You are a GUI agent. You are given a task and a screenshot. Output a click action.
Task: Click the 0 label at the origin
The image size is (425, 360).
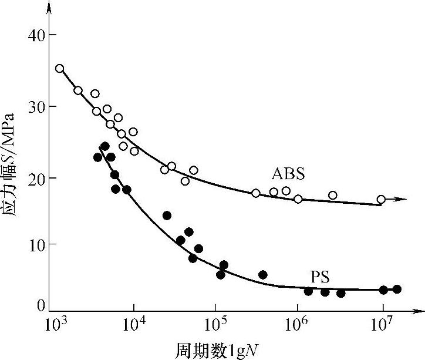[x=41, y=305]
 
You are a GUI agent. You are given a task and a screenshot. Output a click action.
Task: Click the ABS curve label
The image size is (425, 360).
[x=288, y=174]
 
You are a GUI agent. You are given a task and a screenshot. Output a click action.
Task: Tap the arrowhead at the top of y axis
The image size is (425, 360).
[x=49, y=7]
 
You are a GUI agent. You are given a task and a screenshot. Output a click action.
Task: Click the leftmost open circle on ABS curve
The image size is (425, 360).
[x=59, y=69]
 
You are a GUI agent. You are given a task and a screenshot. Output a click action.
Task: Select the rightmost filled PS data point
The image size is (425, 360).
[x=397, y=289]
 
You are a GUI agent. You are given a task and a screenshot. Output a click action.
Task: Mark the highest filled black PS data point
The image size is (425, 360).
[x=104, y=146]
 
